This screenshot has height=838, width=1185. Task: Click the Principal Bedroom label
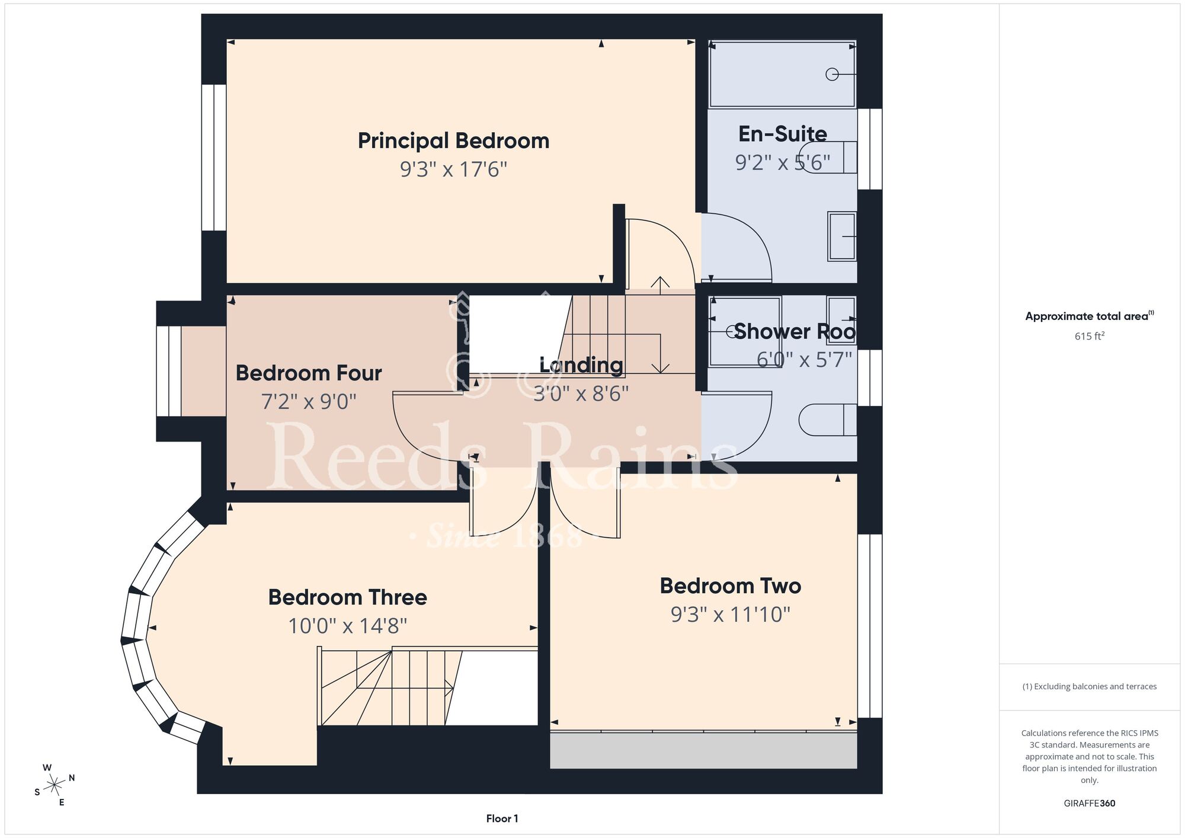[x=453, y=141]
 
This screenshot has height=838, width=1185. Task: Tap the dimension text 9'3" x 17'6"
[x=453, y=169]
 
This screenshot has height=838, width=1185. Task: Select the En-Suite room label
[x=783, y=134]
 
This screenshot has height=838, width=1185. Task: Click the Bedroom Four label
[x=309, y=373]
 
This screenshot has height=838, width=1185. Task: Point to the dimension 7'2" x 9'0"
[x=309, y=402]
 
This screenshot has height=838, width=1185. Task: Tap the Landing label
[x=581, y=365]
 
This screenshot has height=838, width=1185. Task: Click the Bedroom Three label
[x=347, y=597]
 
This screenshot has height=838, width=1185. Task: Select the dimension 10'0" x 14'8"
[x=347, y=626]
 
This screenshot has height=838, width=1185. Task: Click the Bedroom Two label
[x=731, y=586]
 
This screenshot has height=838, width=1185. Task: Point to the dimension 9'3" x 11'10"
[x=731, y=615]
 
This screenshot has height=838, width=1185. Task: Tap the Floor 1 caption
[x=502, y=818]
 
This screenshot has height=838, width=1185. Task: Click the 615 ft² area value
[x=1090, y=336]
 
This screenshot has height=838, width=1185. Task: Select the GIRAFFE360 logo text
[x=1090, y=804]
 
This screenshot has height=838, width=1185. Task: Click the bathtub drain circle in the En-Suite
[x=832, y=74]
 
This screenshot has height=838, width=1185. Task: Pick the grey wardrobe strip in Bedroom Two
[x=703, y=751]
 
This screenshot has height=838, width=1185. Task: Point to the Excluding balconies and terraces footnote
[x=1090, y=686]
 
